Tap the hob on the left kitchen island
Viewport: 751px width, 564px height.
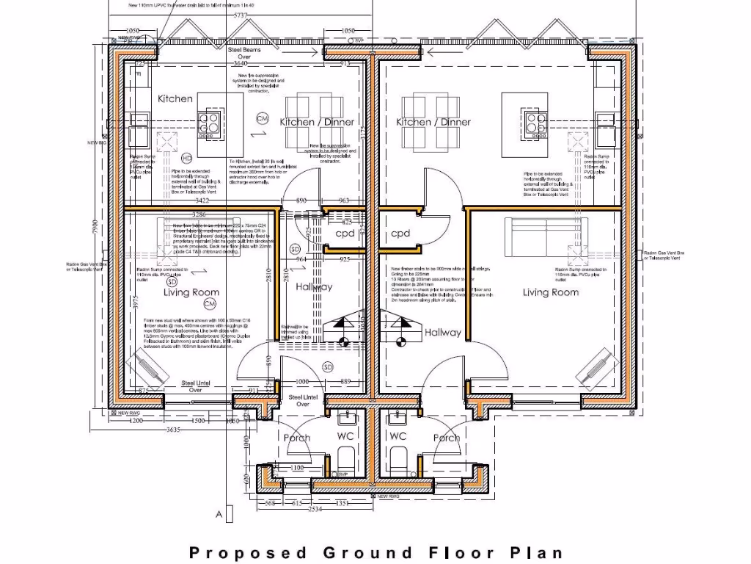tap(208, 122)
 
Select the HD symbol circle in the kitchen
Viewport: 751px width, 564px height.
tap(186, 159)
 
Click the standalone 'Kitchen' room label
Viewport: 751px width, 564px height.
tap(175, 98)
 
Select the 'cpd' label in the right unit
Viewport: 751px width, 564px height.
tap(400, 234)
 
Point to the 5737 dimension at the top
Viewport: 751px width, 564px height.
tap(239, 15)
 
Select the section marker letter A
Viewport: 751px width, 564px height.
tap(219, 515)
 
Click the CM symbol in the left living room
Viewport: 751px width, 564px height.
tap(210, 303)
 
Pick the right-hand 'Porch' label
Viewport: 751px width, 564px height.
tap(447, 438)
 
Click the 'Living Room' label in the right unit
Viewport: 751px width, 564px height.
tap(550, 292)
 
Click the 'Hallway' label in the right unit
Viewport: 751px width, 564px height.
tap(443, 333)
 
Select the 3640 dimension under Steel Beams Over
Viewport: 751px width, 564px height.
tap(241, 64)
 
